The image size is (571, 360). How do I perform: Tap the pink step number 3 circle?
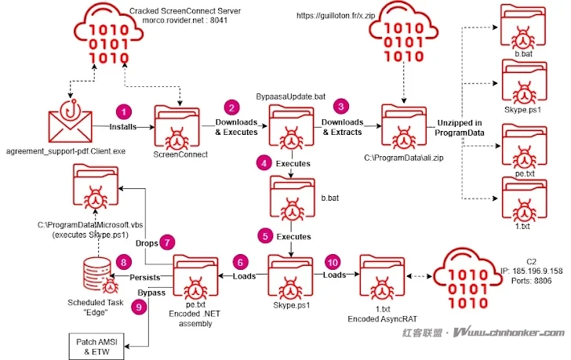coord(340,104)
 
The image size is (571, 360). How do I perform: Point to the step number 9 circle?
coord(140,307)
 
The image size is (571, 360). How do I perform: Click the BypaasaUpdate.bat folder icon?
coord(290,126)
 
